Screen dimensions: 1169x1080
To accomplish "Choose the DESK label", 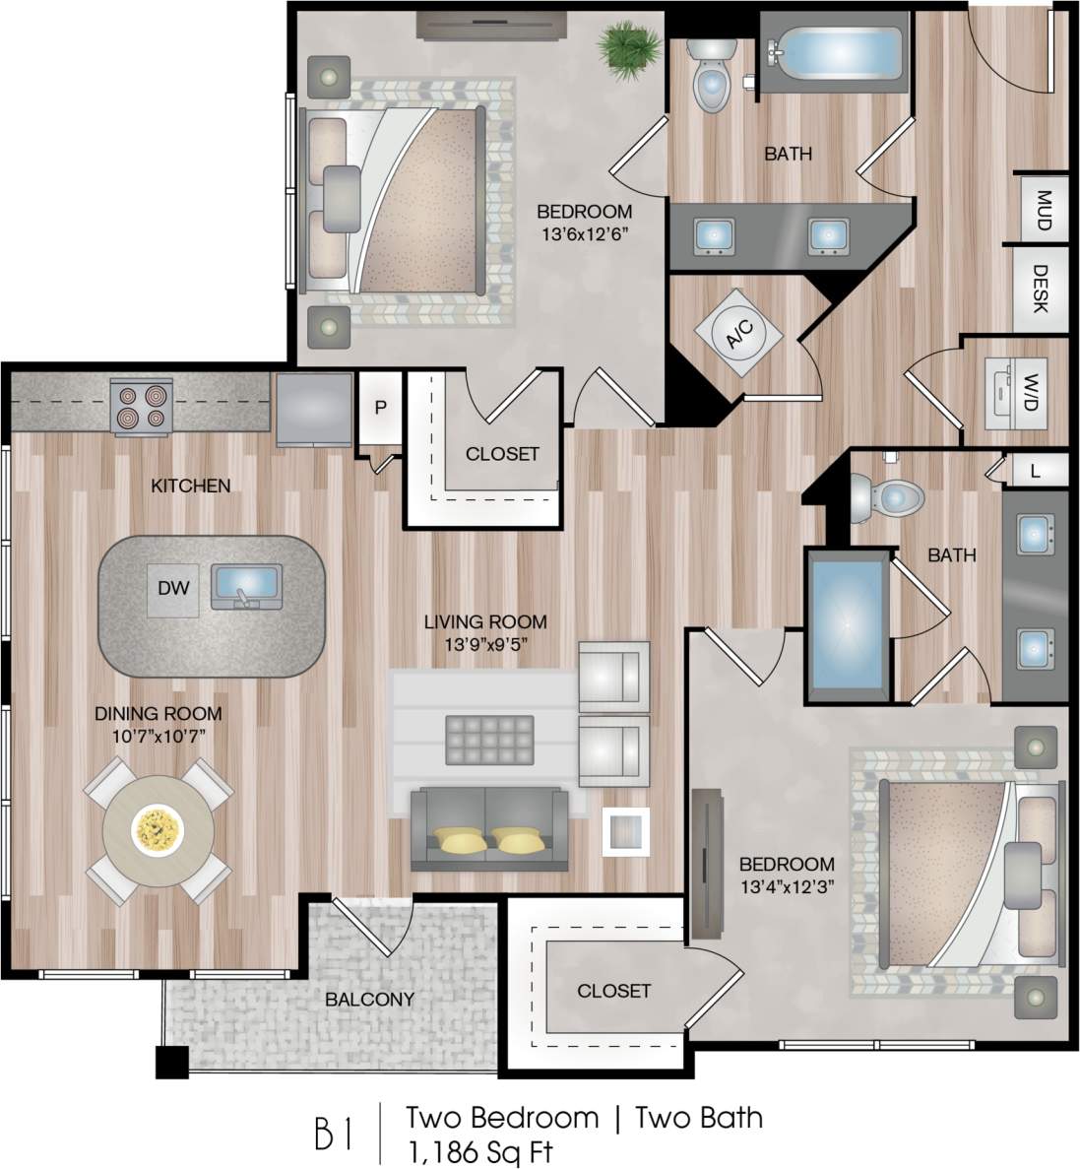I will click(1041, 288).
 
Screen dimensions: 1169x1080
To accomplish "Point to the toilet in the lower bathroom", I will click(886, 496).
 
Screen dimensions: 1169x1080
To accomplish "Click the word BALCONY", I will click(370, 999).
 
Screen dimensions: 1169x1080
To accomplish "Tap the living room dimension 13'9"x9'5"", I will click(484, 645).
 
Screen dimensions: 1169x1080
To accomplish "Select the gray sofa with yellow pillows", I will click(490, 830).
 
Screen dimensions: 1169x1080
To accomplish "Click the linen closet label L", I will click(1034, 471).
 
